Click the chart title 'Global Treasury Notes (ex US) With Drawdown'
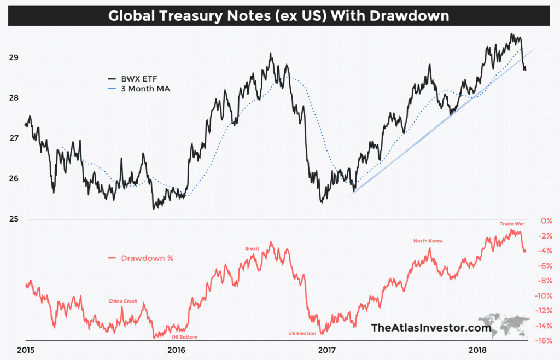pyautogui.click(x=279, y=16)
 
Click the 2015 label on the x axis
pyautogui.click(x=26, y=350)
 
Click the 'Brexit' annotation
pyautogui.click(x=252, y=249)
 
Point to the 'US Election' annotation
pyautogui.click(x=302, y=333)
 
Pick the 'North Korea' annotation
pyautogui.click(x=428, y=241)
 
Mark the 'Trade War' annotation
pyautogui.click(x=512, y=224)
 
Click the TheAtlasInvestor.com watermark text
pyautogui.click(x=423, y=328)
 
